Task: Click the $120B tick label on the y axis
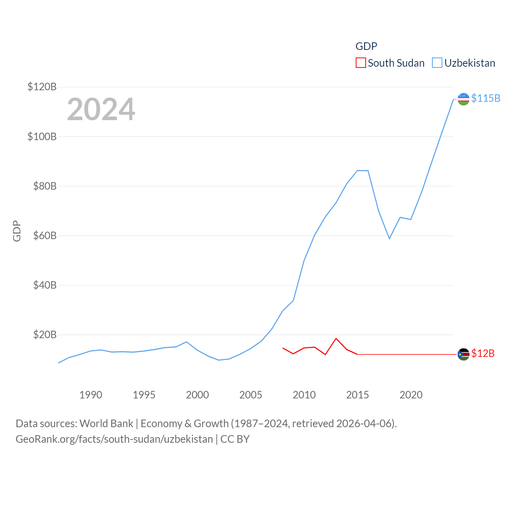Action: [42, 87]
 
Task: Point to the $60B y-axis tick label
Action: [45, 236]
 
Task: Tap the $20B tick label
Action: [45, 335]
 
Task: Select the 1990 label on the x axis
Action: [91, 395]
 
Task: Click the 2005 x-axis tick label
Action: [251, 395]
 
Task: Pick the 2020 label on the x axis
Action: [411, 395]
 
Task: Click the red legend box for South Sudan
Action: [361, 63]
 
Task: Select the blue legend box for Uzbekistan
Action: [437, 63]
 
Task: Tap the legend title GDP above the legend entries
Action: [366, 46]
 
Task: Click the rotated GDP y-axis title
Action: [17, 231]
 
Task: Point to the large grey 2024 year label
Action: [101, 109]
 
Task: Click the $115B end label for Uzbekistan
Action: [485, 98]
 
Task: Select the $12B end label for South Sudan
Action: [483, 353]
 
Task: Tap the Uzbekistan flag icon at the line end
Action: [463, 99]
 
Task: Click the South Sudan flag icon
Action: [463, 354]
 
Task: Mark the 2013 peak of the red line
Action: [336, 339]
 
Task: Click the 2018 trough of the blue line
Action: [389, 238]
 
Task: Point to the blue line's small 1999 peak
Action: [186, 342]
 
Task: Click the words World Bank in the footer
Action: [106, 423]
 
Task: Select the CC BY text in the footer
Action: [235, 439]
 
